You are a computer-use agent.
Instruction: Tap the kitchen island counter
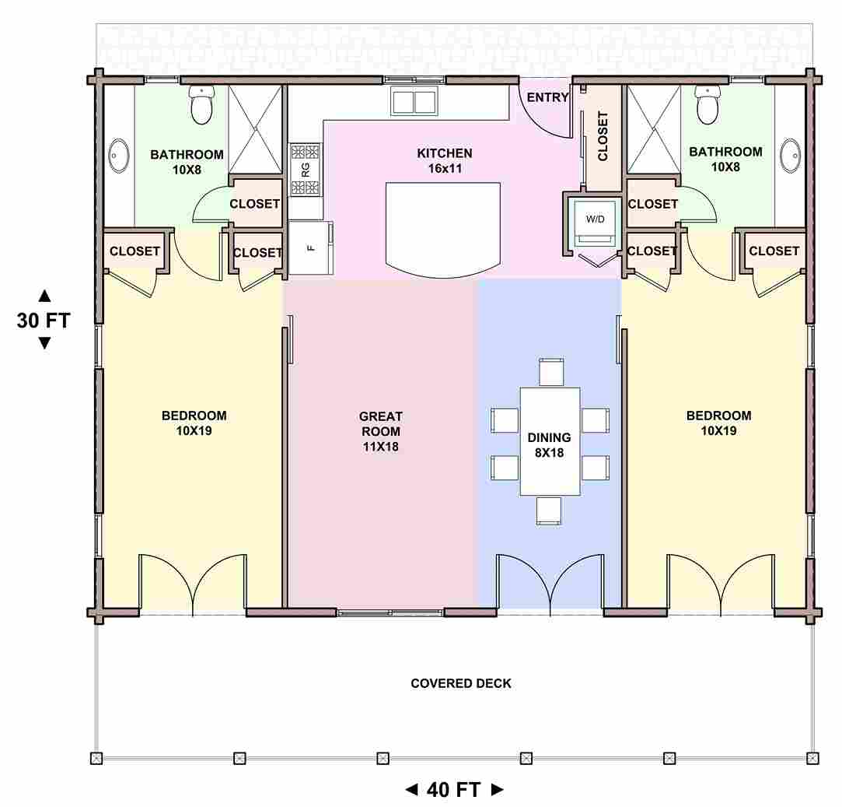(x=443, y=230)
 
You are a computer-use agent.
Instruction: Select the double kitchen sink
(x=414, y=101)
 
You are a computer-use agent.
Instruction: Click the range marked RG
(x=306, y=170)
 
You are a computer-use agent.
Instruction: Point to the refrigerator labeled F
(x=310, y=247)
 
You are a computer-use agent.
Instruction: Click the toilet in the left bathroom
(x=202, y=104)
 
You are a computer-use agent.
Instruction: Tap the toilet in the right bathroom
(x=707, y=104)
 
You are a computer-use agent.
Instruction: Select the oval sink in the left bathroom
(x=119, y=156)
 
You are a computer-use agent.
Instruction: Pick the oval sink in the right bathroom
(x=790, y=156)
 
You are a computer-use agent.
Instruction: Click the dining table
(x=550, y=441)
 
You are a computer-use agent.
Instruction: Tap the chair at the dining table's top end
(x=551, y=371)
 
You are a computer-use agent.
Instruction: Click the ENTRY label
(x=547, y=97)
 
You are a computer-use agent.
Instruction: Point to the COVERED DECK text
(x=461, y=683)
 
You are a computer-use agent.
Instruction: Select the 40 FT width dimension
(x=454, y=789)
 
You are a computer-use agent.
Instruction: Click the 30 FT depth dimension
(x=44, y=320)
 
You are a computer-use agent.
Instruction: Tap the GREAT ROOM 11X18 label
(x=380, y=431)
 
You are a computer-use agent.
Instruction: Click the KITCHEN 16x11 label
(x=445, y=161)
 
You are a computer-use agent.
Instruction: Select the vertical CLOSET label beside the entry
(x=603, y=136)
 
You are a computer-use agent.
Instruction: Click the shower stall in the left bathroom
(x=255, y=129)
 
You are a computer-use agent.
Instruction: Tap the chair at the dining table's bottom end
(x=549, y=511)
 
